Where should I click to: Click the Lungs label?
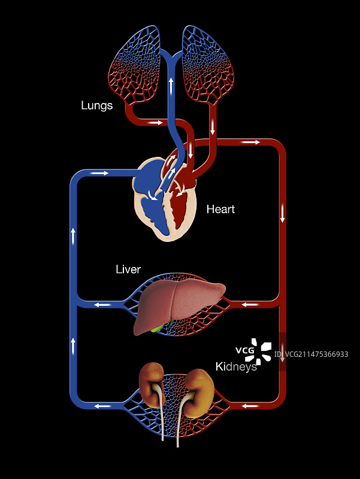97,106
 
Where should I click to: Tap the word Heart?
220,209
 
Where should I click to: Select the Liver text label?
128,270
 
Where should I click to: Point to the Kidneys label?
236,366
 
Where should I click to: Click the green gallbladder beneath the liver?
158,328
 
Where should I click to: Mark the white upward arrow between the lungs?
171,83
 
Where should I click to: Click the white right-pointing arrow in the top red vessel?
251,143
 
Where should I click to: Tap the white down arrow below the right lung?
213,128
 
